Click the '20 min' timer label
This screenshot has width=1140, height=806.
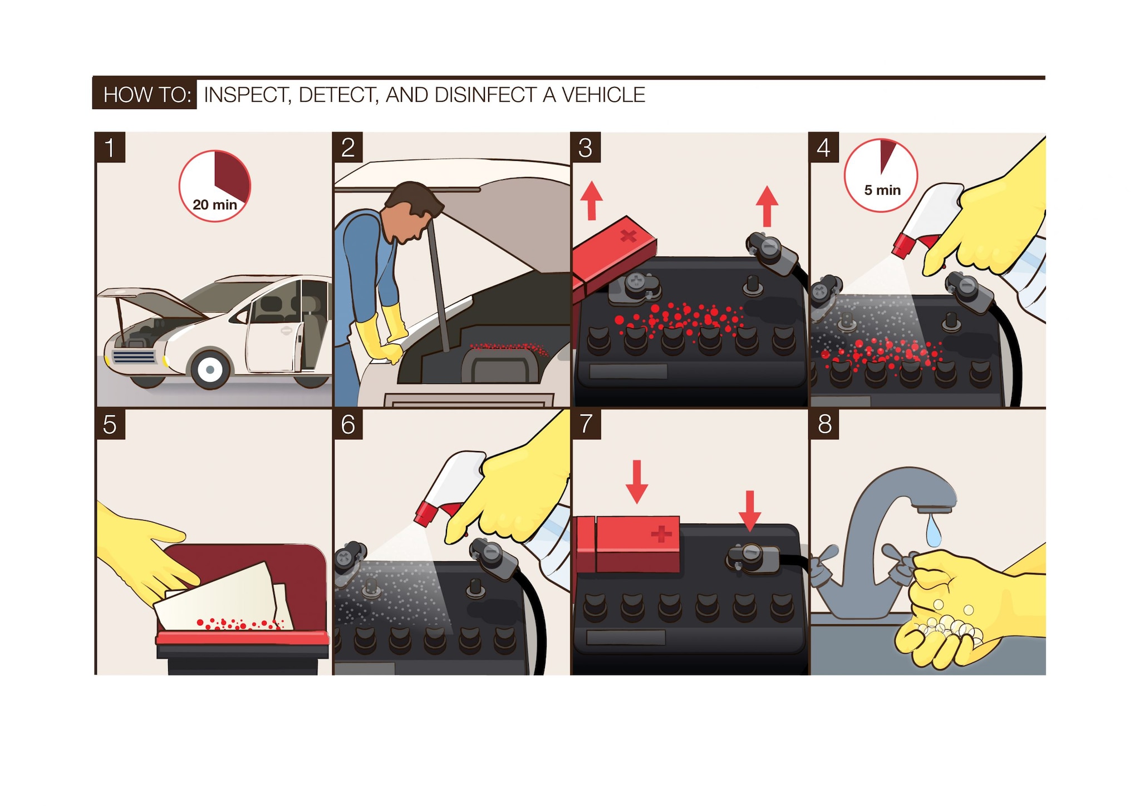[x=215, y=204]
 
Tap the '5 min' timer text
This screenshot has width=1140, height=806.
[x=882, y=190]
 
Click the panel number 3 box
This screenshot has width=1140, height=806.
[x=585, y=147]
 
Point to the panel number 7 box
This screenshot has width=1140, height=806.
[x=586, y=424]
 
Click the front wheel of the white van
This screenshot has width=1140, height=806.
[x=210, y=369]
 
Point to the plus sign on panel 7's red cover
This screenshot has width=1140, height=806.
[x=661, y=534]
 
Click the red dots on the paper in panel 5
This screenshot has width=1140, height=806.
[x=239, y=623]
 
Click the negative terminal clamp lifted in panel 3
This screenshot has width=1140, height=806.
[x=771, y=253]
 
